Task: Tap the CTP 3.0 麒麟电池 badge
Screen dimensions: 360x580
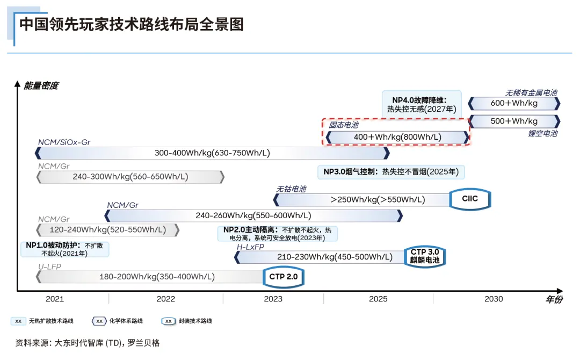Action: pyautogui.click(x=425, y=256)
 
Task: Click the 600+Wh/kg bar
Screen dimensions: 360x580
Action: pyautogui.click(x=514, y=103)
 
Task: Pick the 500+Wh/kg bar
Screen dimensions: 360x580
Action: pyautogui.click(x=514, y=121)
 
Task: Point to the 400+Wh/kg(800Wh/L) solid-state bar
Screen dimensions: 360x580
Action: pyautogui.click(x=397, y=137)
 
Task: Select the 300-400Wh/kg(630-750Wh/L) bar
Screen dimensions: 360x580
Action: pyautogui.click(x=212, y=153)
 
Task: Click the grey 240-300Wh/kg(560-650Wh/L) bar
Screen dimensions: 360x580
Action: pyautogui.click(x=130, y=176)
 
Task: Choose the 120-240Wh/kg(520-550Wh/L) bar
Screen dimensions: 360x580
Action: pyautogui.click(x=107, y=230)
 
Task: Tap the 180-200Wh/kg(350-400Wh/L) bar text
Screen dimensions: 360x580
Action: pyautogui.click(x=157, y=277)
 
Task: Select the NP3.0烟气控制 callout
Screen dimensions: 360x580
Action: pyautogui.click(x=391, y=172)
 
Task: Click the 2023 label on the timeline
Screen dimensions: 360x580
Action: pyautogui.click(x=273, y=299)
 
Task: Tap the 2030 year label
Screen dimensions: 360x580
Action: pyautogui.click(x=494, y=299)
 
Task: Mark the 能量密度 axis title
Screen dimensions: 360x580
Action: pyautogui.click(x=41, y=85)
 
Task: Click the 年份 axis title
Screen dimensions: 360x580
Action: pyautogui.click(x=554, y=300)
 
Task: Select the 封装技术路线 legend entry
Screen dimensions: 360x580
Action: pyautogui.click(x=195, y=321)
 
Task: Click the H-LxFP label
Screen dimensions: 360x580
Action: pyautogui.click(x=251, y=247)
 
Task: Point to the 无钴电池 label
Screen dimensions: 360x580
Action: pyautogui.click(x=291, y=189)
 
